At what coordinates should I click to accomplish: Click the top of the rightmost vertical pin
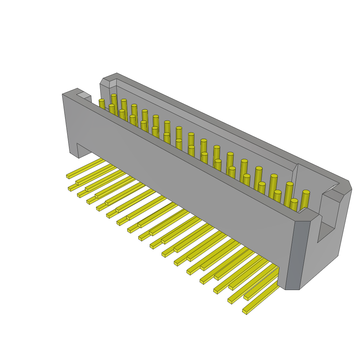(x=306, y=192)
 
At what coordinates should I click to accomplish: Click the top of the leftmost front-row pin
(x=102, y=101)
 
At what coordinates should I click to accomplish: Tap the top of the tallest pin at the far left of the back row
(x=114, y=95)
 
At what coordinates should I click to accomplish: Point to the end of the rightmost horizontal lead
(x=245, y=312)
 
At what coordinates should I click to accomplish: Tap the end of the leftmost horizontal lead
(x=68, y=176)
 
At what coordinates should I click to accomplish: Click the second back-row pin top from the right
(x=290, y=184)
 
